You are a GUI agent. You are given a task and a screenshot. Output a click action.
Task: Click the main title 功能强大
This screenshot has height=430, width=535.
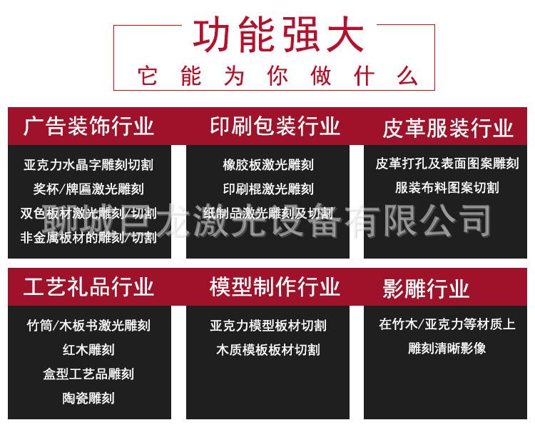pyautogui.click(x=277, y=36)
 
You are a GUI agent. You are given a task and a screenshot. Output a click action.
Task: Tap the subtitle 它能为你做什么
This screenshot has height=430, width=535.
pyautogui.click(x=277, y=76)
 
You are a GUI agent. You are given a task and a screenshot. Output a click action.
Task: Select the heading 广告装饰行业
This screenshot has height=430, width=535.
pyautogui.click(x=88, y=126)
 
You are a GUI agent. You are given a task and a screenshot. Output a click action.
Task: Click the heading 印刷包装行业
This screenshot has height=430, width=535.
pyautogui.click(x=275, y=126)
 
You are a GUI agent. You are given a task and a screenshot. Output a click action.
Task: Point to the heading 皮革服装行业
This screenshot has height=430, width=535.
pyautogui.click(x=447, y=128)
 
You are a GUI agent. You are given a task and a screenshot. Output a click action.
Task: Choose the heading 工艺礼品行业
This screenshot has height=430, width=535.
pyautogui.click(x=88, y=286)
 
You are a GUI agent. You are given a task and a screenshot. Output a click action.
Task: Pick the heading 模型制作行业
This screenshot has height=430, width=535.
pyautogui.click(x=275, y=286)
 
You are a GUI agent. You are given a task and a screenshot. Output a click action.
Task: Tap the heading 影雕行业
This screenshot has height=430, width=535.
pyautogui.click(x=426, y=289)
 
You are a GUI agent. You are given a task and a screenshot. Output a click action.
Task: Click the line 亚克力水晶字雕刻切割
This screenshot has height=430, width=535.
pyautogui.click(x=88, y=165)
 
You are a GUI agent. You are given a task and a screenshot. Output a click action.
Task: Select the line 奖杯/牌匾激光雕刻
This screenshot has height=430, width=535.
pyautogui.click(x=88, y=189)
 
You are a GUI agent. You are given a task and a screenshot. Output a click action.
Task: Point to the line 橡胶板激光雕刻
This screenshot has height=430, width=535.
pyautogui.click(x=268, y=165)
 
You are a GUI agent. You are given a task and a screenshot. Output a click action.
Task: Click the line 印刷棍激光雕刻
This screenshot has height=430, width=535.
pyautogui.click(x=268, y=189)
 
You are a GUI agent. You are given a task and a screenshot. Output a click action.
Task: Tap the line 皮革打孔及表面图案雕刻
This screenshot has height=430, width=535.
pyautogui.click(x=447, y=164)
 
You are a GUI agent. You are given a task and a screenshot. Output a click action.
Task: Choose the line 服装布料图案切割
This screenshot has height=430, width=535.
pyautogui.click(x=447, y=188)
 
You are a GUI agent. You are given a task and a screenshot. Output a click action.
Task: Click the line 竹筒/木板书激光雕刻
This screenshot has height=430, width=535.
pyautogui.click(x=88, y=326)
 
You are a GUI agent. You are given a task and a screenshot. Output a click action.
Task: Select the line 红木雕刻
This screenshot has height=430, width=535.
pyautogui.click(x=88, y=350)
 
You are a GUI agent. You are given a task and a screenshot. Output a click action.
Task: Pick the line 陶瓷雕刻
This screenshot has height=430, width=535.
pyautogui.click(x=88, y=398)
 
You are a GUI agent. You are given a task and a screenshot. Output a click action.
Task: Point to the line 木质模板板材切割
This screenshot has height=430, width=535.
pyautogui.click(x=268, y=350)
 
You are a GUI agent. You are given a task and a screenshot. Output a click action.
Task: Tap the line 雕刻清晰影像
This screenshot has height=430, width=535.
pyautogui.click(x=447, y=348)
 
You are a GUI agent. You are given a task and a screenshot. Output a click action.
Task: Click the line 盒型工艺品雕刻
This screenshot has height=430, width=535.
pyautogui.click(x=88, y=374)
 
